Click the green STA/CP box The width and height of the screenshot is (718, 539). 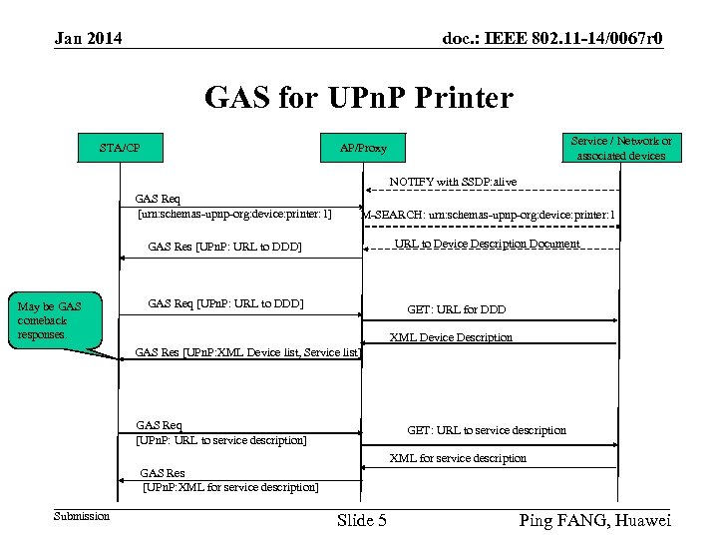(120, 149)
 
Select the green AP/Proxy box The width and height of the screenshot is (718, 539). (363, 149)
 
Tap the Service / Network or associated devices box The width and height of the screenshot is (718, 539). (620, 148)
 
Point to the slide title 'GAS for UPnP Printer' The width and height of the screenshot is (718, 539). (358, 98)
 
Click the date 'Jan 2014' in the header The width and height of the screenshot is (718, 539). (89, 39)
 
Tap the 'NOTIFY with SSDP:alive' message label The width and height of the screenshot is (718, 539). (453, 182)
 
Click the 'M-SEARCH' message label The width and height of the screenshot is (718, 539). (489, 215)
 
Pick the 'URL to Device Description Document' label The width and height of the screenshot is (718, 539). (487, 244)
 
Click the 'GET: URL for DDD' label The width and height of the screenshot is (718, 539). (456, 309)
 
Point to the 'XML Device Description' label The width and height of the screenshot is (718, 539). (451, 337)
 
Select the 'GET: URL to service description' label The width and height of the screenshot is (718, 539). (486, 430)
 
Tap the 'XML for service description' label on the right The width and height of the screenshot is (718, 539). (458, 458)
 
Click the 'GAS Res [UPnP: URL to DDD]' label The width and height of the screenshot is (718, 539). (224, 247)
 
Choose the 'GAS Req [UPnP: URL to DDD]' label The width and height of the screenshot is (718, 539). (225, 303)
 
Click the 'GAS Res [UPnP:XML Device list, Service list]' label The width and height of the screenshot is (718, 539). (246, 351)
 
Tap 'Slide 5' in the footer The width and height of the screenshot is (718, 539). (362, 520)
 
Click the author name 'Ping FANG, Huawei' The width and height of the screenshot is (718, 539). (595, 520)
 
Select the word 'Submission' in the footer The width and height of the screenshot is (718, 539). (82, 516)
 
